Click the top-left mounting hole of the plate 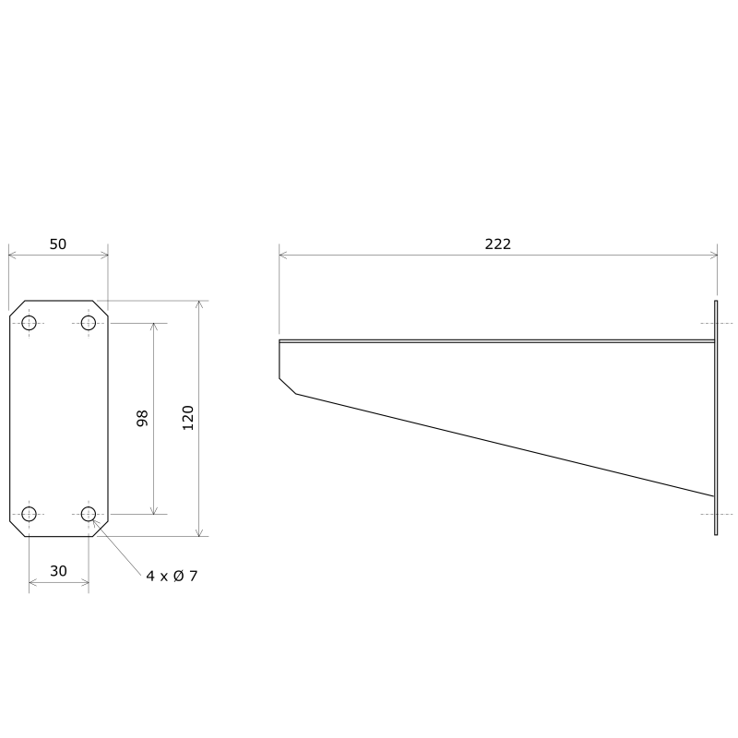click(29, 322)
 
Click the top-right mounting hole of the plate click(89, 322)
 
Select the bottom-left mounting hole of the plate click(29, 514)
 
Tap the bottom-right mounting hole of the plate click(89, 514)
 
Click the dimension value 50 click(57, 244)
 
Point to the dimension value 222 click(497, 244)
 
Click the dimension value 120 click(188, 418)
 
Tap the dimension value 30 click(58, 571)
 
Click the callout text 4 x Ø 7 click(172, 576)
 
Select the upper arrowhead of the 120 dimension click(198, 305)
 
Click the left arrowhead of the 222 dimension click(283, 255)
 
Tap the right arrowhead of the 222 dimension click(713, 255)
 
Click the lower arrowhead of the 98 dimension click(153, 509)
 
